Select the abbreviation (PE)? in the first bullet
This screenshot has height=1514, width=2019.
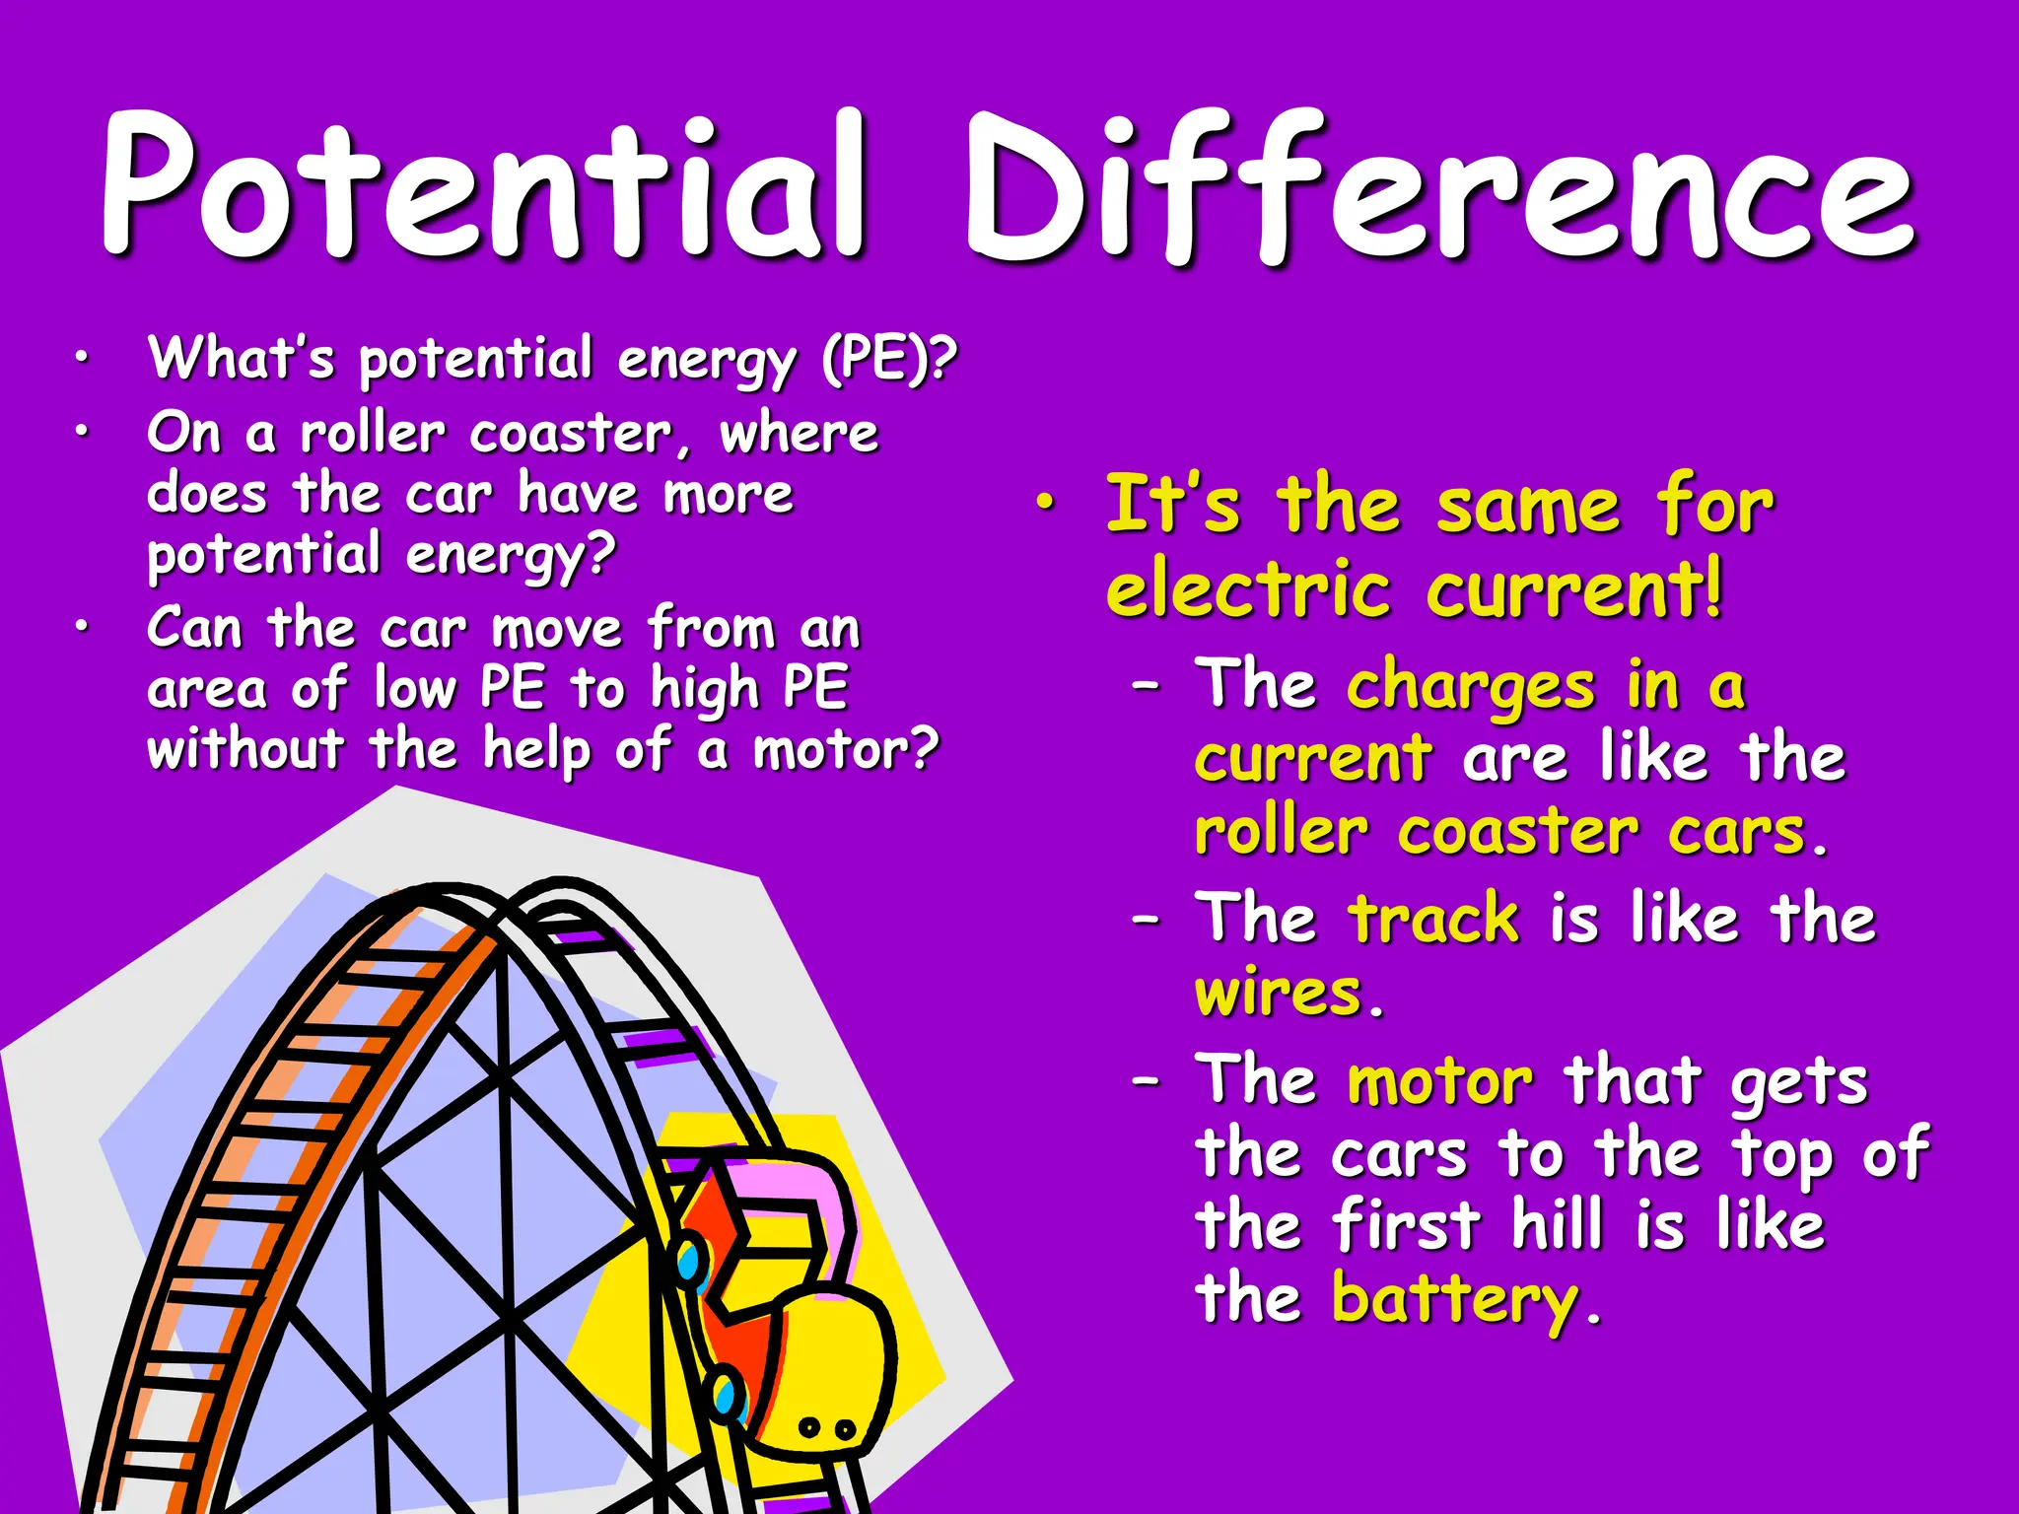point(888,359)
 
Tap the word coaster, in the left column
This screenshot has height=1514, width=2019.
point(581,434)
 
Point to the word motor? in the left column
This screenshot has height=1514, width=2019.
point(846,751)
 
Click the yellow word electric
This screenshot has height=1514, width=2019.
point(1248,591)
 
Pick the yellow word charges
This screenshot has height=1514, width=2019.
point(1470,686)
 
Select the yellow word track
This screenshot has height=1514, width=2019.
point(1433,919)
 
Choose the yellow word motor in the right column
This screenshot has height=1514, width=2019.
point(1439,1082)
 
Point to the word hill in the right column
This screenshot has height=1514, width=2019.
point(1557,1226)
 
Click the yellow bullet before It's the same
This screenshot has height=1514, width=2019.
point(1045,504)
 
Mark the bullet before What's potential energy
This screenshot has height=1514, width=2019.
point(83,360)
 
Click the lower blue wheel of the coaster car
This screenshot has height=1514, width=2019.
point(727,1394)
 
